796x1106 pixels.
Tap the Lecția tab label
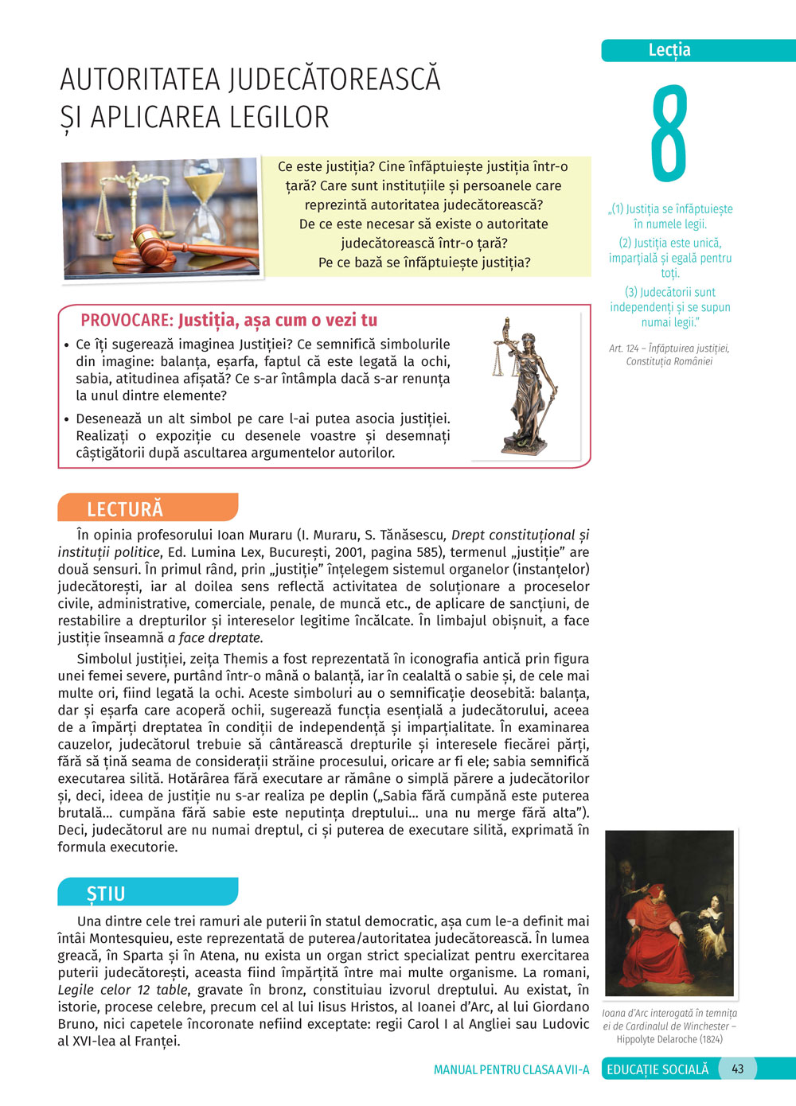point(669,50)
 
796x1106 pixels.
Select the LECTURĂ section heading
point(125,509)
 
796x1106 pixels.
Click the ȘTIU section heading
point(106,894)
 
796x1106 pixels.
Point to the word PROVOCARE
point(127,321)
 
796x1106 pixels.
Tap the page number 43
point(737,1069)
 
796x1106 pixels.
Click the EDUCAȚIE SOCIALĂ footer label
point(657,1069)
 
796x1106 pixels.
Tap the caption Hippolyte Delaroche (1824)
point(669,1039)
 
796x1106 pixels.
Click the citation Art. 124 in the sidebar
point(623,349)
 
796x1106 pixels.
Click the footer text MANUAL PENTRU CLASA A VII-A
point(511,1069)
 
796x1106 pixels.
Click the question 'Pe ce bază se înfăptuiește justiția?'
point(424,263)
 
